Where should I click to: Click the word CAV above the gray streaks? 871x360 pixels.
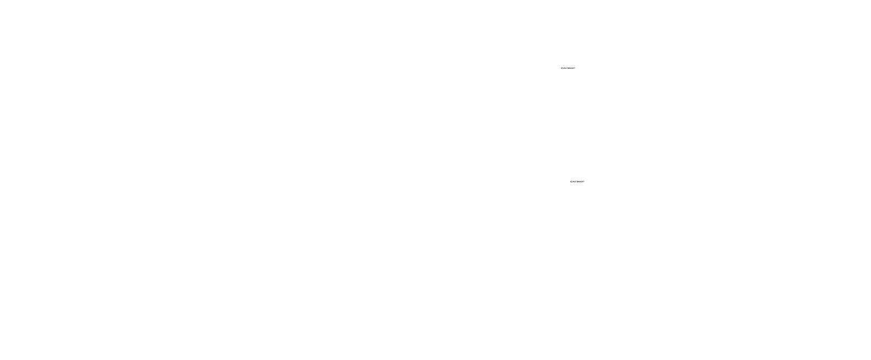pyautogui.click(x=564, y=68)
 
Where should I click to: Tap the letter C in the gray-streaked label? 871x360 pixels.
pyautogui.click(x=562, y=68)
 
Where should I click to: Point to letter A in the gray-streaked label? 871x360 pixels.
pyautogui.click(x=564, y=68)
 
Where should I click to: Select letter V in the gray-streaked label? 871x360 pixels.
pyautogui.click(x=566, y=68)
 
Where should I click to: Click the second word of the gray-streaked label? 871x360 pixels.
pyautogui.click(x=572, y=68)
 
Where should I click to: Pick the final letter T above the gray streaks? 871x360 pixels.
pyautogui.click(x=575, y=68)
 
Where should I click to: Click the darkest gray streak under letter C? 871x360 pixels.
pyautogui.click(x=562, y=70)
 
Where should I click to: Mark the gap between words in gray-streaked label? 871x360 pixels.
pyautogui.click(x=568, y=68)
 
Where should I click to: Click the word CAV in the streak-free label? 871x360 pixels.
pyautogui.click(x=573, y=181)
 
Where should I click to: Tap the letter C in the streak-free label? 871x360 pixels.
pyautogui.click(x=571, y=181)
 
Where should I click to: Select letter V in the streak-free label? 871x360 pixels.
pyautogui.click(x=576, y=181)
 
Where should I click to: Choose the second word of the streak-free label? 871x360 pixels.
pyautogui.click(x=581, y=181)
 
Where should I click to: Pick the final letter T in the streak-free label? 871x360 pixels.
pyautogui.click(x=584, y=181)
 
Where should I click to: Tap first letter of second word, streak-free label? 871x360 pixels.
pyautogui.click(x=578, y=181)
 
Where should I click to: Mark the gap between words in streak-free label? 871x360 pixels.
pyautogui.click(x=577, y=181)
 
